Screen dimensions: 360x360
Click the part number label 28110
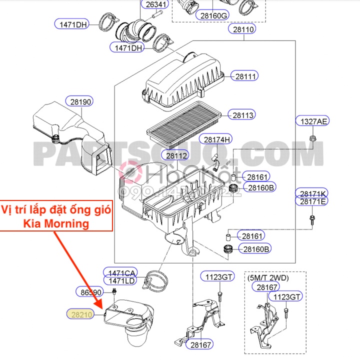coord(243,29)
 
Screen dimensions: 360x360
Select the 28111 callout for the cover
coord(245,76)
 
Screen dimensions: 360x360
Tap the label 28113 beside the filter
coord(243,115)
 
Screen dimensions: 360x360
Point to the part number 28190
coord(81,101)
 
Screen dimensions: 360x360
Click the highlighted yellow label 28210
coord(81,313)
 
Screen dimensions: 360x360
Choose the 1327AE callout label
coord(312,121)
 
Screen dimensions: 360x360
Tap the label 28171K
coord(313,193)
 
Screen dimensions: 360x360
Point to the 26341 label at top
coord(154,5)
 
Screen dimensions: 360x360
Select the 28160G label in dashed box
coord(214,15)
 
